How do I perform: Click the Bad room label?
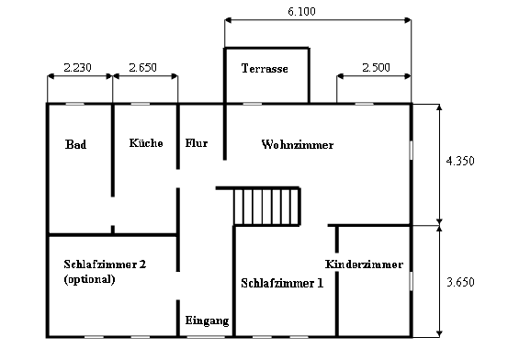(76, 144)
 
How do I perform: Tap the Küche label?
(146, 143)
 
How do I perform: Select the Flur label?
(197, 143)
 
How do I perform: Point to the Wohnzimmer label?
(298, 144)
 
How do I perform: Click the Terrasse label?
(265, 68)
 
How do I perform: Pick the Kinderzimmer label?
(364, 264)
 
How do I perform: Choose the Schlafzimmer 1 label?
(282, 283)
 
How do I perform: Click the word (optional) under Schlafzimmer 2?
(90, 279)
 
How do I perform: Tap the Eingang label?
(207, 321)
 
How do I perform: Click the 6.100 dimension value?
(301, 11)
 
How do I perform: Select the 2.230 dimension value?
(78, 67)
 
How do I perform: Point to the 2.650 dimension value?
(143, 67)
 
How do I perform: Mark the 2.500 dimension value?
(376, 67)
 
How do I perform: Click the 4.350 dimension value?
(460, 161)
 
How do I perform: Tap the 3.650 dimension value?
(460, 282)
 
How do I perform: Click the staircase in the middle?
(266, 207)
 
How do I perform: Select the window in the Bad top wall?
(75, 104)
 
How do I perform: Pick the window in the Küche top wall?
(141, 104)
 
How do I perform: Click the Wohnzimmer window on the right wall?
(412, 150)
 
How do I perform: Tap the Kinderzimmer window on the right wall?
(412, 281)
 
